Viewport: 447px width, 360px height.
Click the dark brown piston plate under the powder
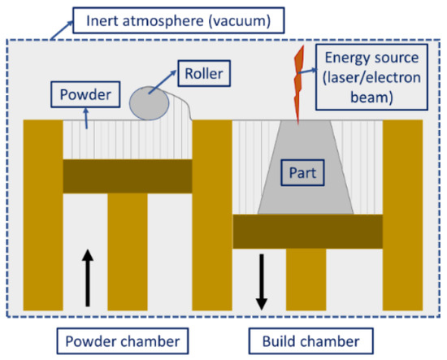pos(127,176)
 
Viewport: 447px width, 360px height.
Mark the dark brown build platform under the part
pos(308,231)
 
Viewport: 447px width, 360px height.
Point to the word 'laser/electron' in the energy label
pos(363,80)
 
